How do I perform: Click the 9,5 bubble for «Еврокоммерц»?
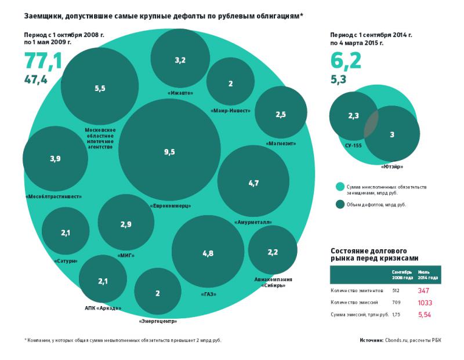tap(169, 152)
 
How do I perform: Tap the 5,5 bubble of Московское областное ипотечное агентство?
tap(100, 88)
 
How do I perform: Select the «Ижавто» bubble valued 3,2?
tap(180, 59)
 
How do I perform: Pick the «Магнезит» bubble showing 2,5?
tap(281, 114)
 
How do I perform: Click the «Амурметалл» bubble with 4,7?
tap(253, 183)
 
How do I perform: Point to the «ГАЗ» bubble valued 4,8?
tap(208, 253)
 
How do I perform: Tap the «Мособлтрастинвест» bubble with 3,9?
tap(55, 158)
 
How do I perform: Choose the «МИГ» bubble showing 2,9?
tap(126, 224)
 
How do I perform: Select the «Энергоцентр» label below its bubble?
tap(158, 321)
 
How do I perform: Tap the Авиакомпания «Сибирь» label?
tap(273, 282)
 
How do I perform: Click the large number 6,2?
tap(346, 60)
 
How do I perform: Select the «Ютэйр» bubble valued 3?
tap(392, 134)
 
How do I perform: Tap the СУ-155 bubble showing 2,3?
tap(353, 116)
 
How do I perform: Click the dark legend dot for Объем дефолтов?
tap(340, 204)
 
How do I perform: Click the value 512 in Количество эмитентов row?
tap(396, 289)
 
